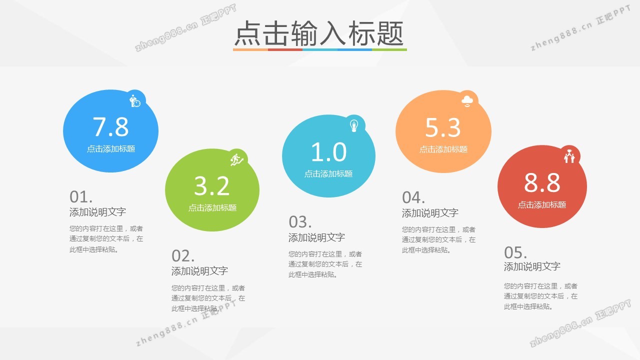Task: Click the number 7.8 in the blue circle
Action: point(110,126)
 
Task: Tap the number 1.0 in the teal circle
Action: point(328,151)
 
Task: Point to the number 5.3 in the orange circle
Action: point(443,127)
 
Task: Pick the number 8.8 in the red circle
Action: point(542,182)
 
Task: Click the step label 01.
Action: point(81,197)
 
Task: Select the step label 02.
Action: point(183,256)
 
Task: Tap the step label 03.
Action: point(300,222)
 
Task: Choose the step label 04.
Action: point(413,197)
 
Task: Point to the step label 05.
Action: point(515,252)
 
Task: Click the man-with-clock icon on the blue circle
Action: point(135,101)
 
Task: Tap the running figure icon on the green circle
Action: point(236,159)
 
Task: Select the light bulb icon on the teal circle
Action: point(354,125)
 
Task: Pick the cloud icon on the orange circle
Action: point(467,101)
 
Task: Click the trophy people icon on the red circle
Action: point(569,156)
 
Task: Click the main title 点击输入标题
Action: point(319,33)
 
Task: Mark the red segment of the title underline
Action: point(285,49)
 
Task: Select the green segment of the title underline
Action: point(389,49)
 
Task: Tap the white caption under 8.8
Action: point(542,205)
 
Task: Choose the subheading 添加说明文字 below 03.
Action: point(316,237)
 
